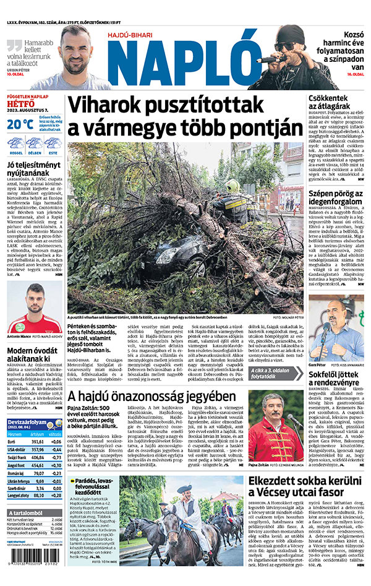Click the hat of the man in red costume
coord(268,396)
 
